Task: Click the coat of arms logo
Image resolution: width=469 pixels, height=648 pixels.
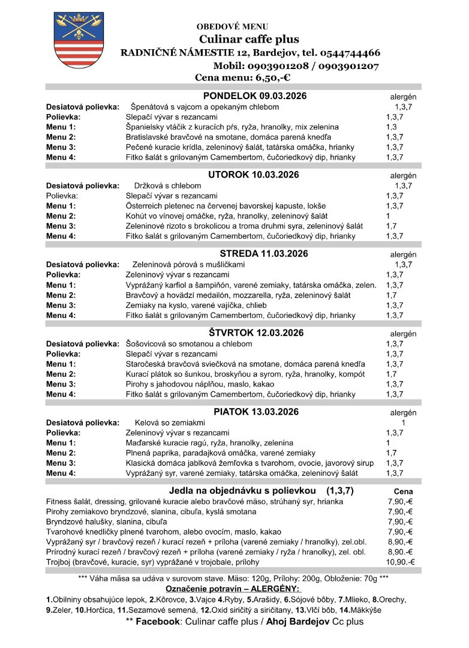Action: [x=71, y=40]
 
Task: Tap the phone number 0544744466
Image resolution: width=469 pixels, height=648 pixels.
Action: [x=342, y=52]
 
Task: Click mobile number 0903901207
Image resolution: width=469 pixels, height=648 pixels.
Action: [x=348, y=65]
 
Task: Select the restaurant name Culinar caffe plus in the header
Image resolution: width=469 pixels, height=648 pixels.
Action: [x=249, y=40]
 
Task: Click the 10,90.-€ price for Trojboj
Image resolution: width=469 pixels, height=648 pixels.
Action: [x=401, y=562]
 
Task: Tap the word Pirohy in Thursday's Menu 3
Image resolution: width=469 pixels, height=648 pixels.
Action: [x=138, y=384]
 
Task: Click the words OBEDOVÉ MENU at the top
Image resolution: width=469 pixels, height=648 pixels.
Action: [x=232, y=26]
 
